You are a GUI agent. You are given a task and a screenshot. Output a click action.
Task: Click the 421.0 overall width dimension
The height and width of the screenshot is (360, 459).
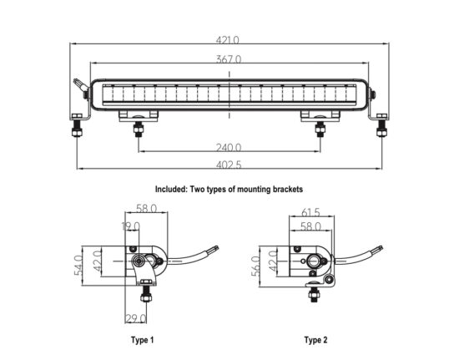[228, 40]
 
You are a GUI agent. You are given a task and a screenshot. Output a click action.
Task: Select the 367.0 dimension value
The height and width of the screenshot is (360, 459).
[229, 59]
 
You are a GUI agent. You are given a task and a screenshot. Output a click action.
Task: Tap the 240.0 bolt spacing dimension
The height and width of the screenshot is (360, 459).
[229, 147]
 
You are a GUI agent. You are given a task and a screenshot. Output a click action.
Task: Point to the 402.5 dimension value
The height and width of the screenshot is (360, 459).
[229, 165]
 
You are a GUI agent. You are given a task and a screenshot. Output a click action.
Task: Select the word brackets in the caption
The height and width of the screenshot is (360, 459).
[288, 190]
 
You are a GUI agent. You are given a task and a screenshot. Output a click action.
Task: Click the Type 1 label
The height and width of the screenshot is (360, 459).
[142, 340]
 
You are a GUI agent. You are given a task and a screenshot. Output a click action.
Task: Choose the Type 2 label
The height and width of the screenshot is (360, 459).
[315, 340]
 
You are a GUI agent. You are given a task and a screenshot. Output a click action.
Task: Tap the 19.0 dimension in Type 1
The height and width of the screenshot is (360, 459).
[131, 226]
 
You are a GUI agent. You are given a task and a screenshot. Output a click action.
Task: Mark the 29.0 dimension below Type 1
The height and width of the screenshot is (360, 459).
[135, 318]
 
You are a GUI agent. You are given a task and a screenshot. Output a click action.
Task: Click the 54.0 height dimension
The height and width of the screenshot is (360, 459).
[78, 266]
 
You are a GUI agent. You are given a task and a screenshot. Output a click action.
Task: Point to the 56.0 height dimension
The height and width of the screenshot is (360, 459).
[255, 266]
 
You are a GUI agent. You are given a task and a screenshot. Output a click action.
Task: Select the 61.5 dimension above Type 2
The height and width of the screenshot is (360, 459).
[311, 212]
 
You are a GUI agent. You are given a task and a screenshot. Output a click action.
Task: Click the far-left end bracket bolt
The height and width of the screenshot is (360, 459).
[78, 125]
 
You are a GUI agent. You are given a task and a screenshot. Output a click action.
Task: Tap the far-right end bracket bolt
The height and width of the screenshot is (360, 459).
[381, 125]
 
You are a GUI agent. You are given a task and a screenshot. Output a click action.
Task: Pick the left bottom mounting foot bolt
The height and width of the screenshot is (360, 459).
[139, 128]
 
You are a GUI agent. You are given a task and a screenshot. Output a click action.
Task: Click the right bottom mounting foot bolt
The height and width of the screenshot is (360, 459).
[320, 128]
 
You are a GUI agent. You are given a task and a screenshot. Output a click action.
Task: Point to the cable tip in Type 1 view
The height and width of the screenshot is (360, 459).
[215, 248]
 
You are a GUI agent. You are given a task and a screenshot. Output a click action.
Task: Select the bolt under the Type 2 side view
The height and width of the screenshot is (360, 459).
[314, 294]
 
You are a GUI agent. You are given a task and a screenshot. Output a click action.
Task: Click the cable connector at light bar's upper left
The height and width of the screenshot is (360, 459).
[80, 84]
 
